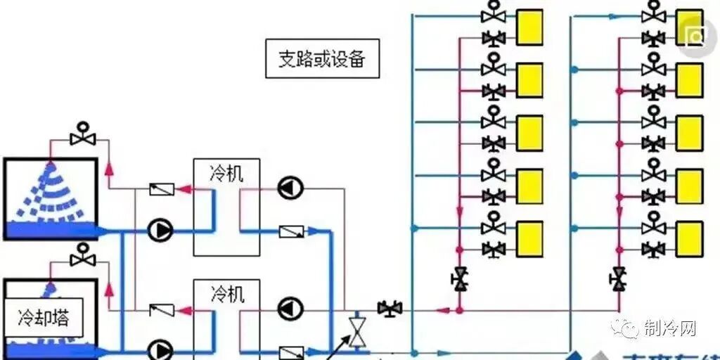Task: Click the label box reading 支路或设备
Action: click(322, 58)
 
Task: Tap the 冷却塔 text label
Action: click(43, 318)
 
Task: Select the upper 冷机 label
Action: click(226, 173)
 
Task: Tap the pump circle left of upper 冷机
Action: click(160, 230)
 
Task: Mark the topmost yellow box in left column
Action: click(529, 27)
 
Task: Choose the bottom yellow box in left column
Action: click(529, 239)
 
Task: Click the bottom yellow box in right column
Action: click(689, 239)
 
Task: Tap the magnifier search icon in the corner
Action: click(697, 36)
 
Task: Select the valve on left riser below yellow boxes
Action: click(459, 278)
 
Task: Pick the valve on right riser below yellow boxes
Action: click(619, 278)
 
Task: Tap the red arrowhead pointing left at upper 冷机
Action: click(185, 188)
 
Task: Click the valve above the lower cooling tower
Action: click(84, 256)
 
